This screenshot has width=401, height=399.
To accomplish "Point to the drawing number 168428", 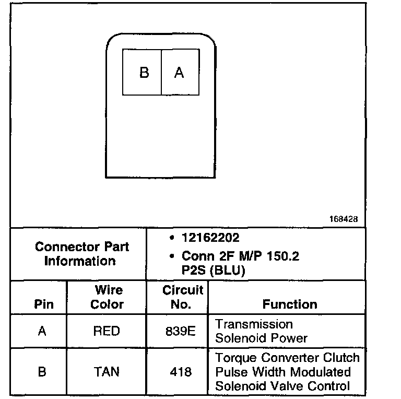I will pos(343,220).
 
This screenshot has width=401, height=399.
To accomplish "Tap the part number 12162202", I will pos(210,238).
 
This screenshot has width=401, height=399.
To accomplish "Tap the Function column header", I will pos(289,304).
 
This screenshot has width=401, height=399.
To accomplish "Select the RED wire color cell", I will pos(107,331).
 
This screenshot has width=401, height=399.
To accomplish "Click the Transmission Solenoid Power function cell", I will pos(261,331).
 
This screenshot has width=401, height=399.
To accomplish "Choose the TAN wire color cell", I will pos(107,372).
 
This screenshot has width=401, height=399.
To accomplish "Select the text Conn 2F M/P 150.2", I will pos(240,257).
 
